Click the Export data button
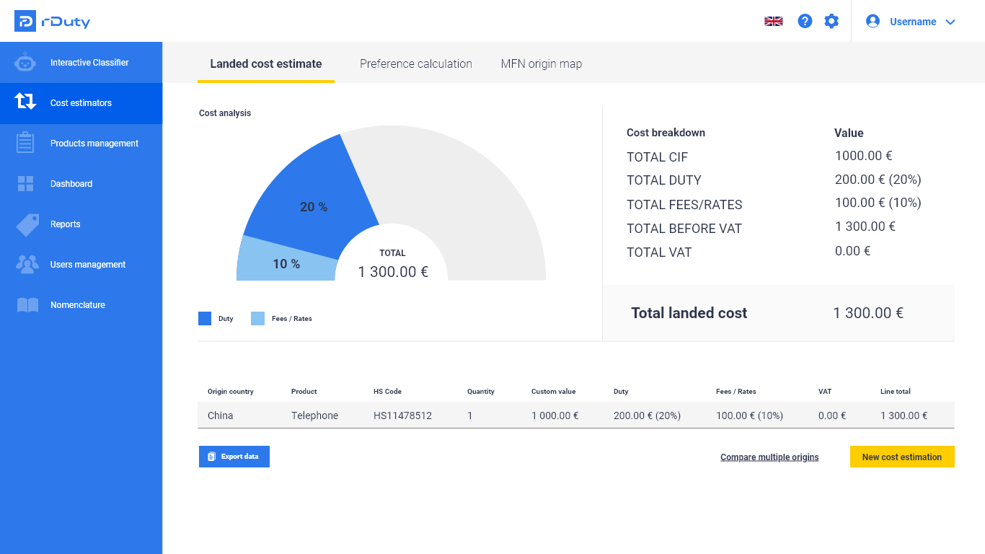click(234, 457)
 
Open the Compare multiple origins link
click(769, 457)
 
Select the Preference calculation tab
click(416, 63)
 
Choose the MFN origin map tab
click(541, 63)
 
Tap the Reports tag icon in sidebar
click(27, 224)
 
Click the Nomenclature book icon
click(27, 305)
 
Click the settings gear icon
click(831, 22)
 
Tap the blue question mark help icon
click(805, 22)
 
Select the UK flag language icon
click(774, 22)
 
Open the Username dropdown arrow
click(950, 22)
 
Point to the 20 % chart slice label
click(314, 207)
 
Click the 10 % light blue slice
click(286, 263)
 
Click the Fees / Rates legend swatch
click(258, 318)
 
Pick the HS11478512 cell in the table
click(402, 415)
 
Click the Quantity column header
click(481, 392)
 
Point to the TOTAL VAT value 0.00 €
click(852, 251)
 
